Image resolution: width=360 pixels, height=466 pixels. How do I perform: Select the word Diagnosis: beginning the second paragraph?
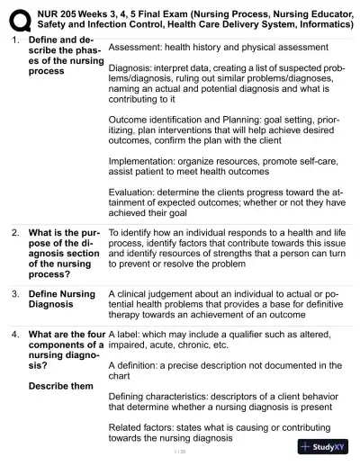(132, 67)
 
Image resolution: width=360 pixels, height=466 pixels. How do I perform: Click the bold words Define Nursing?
(62, 293)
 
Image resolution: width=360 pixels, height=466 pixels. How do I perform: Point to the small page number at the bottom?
(179, 451)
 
